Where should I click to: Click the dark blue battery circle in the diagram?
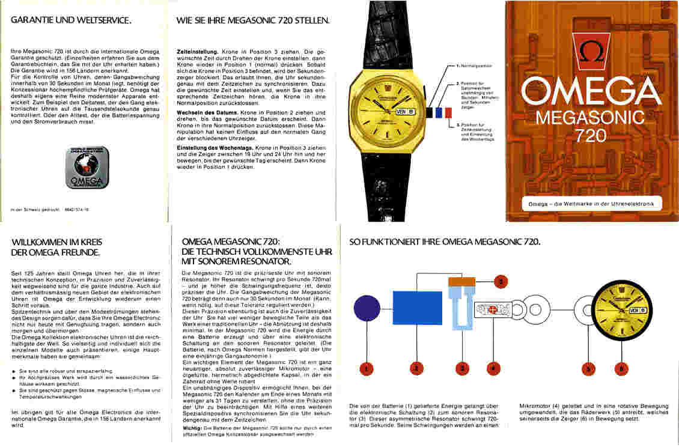click(367, 308)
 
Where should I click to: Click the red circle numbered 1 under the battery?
click(367, 368)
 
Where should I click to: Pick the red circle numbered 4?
click(493, 368)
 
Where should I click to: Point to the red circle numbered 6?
click(620, 368)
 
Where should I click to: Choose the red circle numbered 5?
click(589, 368)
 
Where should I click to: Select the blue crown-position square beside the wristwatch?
click(455, 112)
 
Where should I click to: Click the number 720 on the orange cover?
click(591, 136)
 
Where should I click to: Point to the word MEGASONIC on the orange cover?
click(590, 116)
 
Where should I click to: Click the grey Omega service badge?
click(87, 168)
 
